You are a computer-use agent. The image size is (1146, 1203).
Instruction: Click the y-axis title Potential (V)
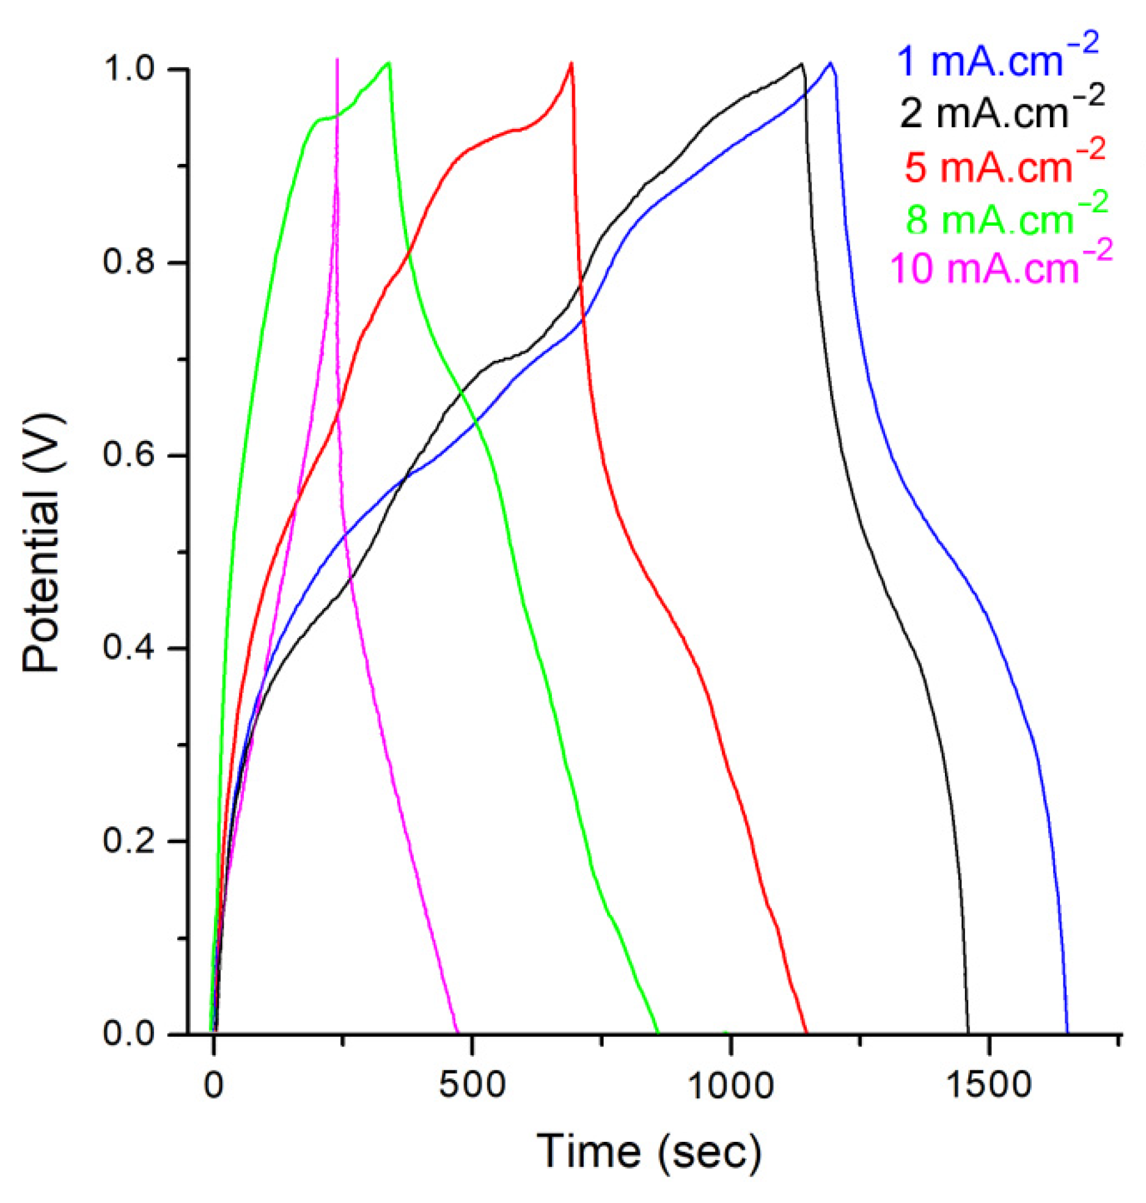(42, 542)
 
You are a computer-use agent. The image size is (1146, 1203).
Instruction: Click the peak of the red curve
(571, 63)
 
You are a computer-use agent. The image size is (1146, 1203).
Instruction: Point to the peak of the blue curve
(830, 63)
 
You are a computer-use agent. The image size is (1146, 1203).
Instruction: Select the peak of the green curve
(389, 63)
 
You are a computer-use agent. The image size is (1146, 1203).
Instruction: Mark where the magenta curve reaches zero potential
(457, 1033)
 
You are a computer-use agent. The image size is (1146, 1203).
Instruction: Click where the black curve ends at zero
(968, 1033)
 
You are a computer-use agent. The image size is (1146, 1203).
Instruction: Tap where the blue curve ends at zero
(1067, 1033)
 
